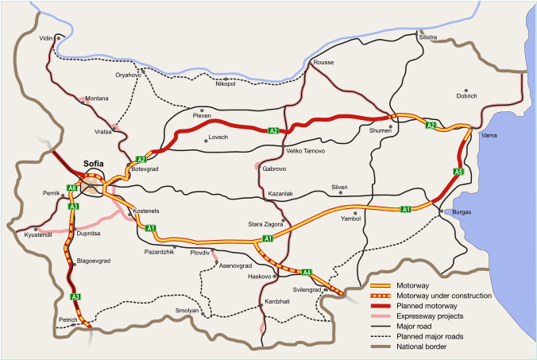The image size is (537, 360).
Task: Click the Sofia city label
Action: [95, 166]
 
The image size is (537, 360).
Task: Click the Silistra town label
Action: [429, 37]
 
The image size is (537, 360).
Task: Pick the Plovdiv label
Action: [199, 252]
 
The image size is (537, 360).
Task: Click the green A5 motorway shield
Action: [458, 171]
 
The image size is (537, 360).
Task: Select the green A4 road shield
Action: [307, 272]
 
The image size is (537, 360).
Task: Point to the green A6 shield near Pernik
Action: [71, 188]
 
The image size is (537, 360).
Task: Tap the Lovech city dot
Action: [203, 137]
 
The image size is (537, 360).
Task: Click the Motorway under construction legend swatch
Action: [384, 296]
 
